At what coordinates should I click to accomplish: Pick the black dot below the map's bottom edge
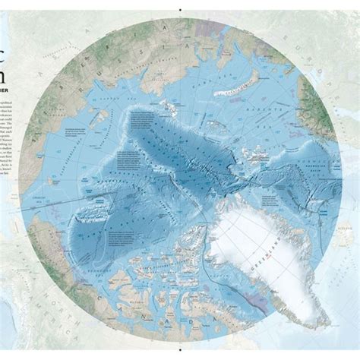pyautogui.click(x=180, y=356)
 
